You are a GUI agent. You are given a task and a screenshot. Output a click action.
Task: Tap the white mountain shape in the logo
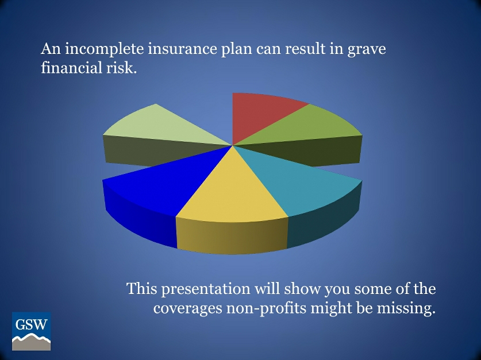pyautogui.click(x=31, y=343)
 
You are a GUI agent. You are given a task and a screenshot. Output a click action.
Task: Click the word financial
pyautogui.click(x=65, y=68)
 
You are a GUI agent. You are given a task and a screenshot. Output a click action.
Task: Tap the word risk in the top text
pyautogui.click(x=122, y=68)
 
